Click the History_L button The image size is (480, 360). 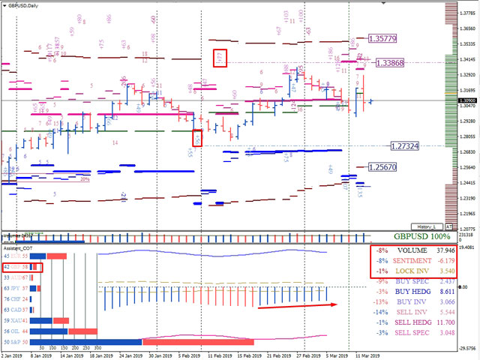tap(427, 226)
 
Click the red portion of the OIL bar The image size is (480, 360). tap(83, 331)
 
